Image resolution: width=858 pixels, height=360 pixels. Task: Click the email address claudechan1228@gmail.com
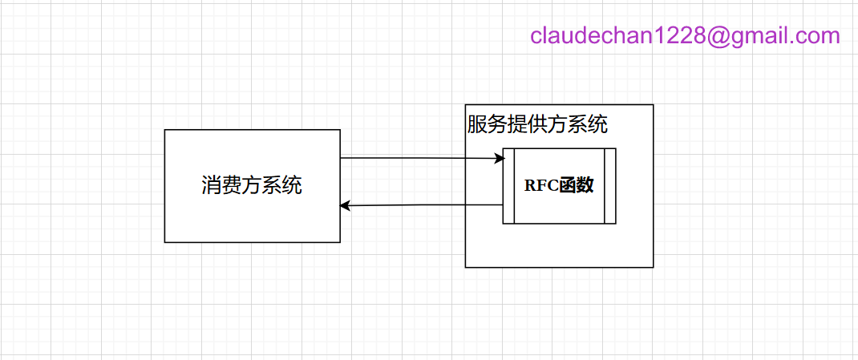tap(685, 36)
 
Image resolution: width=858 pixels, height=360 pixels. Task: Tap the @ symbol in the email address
tap(721, 36)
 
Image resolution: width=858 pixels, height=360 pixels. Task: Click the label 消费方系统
tap(252, 186)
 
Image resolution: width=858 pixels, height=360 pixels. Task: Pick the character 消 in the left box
tap(211, 186)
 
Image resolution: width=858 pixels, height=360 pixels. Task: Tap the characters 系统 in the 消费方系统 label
tap(282, 186)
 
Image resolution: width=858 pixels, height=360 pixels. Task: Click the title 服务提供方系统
tap(537, 125)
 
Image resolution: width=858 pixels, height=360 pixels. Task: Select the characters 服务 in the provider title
tap(487, 125)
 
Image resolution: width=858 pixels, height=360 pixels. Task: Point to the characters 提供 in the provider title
tap(527, 125)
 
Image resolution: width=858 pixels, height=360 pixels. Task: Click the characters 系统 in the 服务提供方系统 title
tap(588, 125)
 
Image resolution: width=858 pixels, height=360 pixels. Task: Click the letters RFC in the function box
tap(541, 185)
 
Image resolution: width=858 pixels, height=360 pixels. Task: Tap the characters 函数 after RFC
tap(577, 185)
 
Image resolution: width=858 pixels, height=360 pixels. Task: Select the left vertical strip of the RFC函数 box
tap(508, 186)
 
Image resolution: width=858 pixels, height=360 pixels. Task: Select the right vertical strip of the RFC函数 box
tap(610, 186)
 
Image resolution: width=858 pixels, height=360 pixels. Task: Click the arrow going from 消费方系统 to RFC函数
tap(417, 159)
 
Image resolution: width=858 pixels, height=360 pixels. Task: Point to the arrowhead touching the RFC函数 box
tap(498, 159)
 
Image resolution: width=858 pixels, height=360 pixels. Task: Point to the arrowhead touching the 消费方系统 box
tap(345, 206)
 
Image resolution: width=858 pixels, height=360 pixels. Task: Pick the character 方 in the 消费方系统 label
tap(252, 186)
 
